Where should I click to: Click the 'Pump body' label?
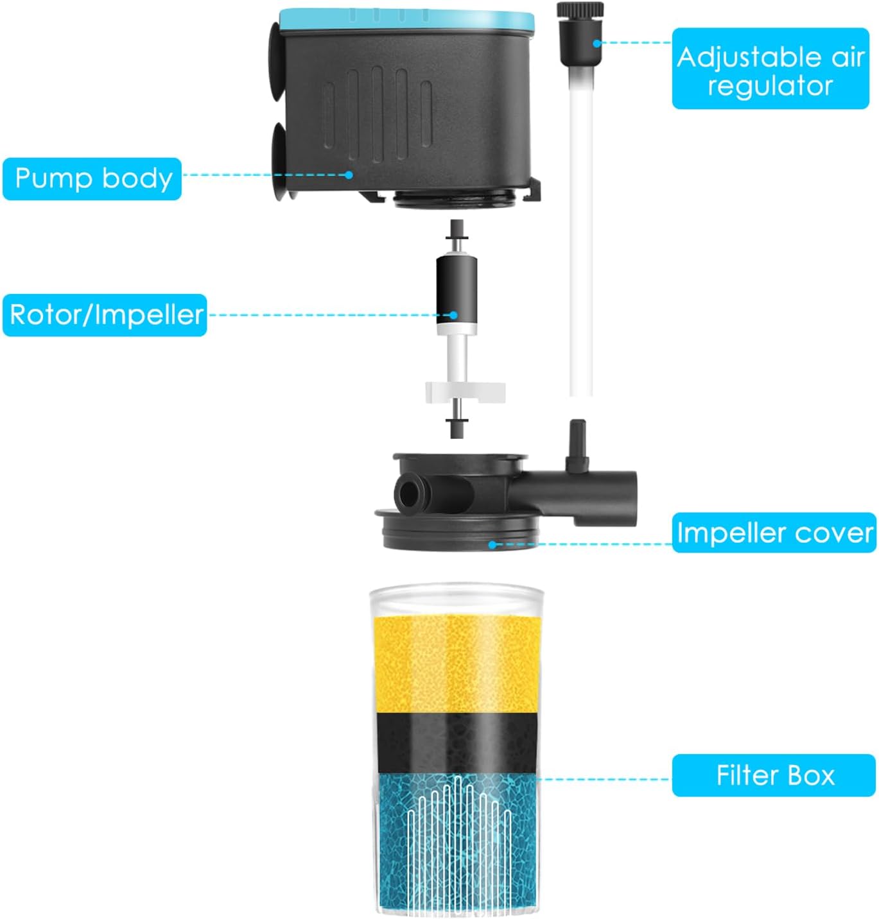[x=92, y=178]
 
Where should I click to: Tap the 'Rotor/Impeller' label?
[x=105, y=314]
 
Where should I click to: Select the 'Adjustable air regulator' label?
[x=770, y=69]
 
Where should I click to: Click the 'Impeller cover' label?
[x=774, y=533]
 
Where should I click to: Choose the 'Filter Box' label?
[x=774, y=775]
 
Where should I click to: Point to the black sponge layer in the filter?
[x=456, y=743]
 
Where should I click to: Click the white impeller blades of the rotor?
[x=465, y=391]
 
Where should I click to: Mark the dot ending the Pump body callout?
[x=349, y=174]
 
